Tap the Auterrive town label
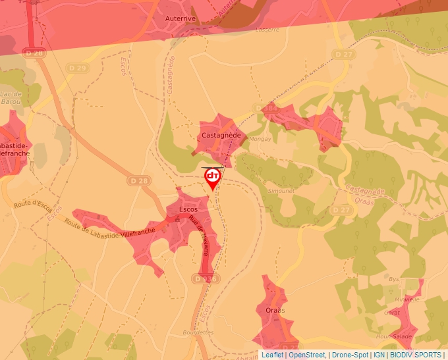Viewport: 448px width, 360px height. click(x=181, y=19)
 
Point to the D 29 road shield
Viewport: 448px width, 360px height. click(x=77, y=68)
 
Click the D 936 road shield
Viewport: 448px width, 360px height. click(x=205, y=278)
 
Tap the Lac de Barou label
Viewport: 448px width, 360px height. click(x=11, y=98)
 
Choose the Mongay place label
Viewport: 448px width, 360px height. click(x=260, y=140)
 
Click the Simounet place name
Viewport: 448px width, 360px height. click(x=281, y=190)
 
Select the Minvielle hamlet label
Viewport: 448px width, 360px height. click(x=406, y=299)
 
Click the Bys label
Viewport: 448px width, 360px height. click(x=395, y=279)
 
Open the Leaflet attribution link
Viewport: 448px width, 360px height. click(x=273, y=355)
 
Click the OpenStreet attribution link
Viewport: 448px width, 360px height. click(x=307, y=355)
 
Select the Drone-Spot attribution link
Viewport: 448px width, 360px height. click(x=350, y=355)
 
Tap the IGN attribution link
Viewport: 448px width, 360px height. click(x=379, y=355)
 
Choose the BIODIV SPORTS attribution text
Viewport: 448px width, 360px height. click(x=416, y=355)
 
